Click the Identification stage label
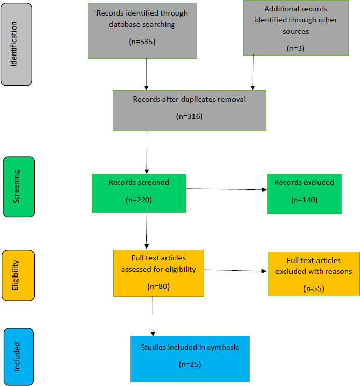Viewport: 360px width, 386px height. tap(16, 45)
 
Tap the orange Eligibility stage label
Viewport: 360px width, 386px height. tap(18, 275)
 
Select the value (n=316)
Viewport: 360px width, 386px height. tap(189, 117)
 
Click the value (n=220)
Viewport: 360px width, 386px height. tap(139, 199)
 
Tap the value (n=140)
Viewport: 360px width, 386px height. tap(304, 200)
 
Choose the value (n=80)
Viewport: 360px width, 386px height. tap(158, 286)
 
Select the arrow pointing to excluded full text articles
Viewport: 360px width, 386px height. tap(236, 271)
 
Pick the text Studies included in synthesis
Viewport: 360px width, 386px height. tap(189, 347)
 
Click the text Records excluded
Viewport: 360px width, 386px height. tap(304, 182)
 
